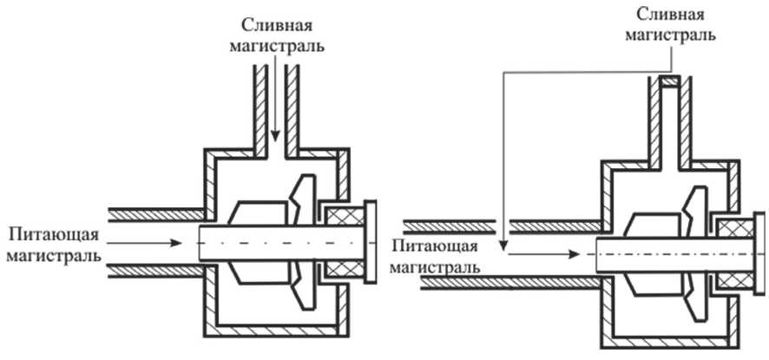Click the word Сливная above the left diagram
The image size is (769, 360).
coord(275,23)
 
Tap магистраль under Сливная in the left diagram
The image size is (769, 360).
coord(275,44)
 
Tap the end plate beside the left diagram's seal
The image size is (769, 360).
coord(371,242)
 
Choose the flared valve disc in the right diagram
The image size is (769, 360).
coord(694,252)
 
